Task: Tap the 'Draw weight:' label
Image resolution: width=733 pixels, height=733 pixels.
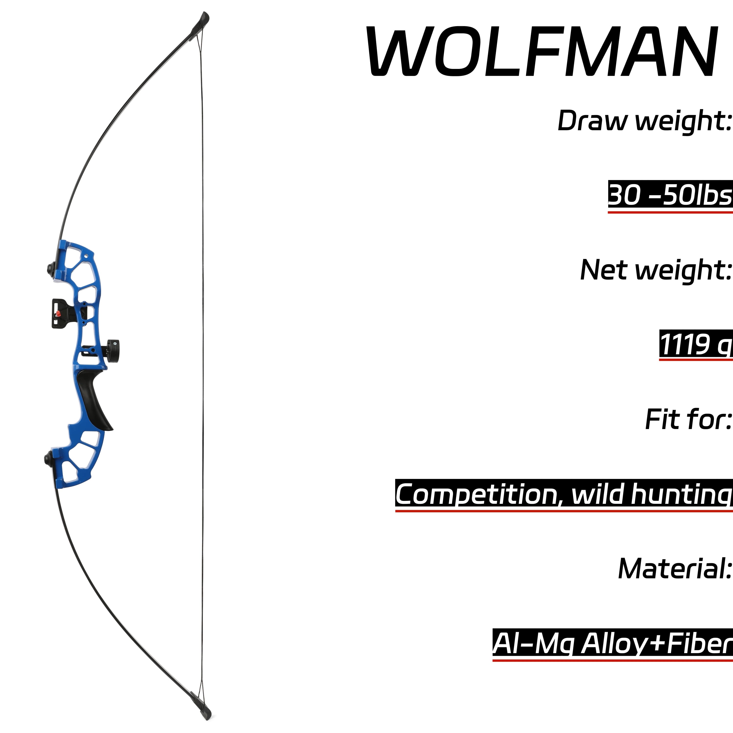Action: point(645,121)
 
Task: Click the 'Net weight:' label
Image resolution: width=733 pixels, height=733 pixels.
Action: point(656,270)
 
